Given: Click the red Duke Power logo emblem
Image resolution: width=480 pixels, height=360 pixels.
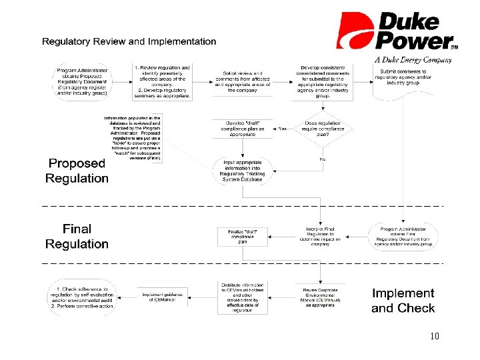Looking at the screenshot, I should tap(354, 31).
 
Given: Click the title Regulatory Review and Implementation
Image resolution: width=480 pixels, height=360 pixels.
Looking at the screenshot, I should tap(129, 41).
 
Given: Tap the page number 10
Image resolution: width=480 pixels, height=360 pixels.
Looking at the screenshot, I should tap(435, 337).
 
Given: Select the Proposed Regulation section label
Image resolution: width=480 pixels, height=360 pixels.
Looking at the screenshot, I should tap(77, 171).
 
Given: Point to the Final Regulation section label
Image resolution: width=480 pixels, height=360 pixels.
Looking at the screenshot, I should tap(77, 237).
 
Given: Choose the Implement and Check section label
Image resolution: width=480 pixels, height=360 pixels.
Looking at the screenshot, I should tap(403, 300).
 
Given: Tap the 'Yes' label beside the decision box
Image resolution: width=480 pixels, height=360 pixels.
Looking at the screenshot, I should tap(283, 129).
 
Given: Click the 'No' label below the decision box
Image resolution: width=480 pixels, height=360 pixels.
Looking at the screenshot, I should tap(322, 159).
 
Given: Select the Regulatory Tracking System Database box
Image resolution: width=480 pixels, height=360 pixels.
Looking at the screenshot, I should tap(242, 171).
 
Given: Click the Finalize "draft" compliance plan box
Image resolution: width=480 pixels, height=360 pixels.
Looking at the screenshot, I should tap(242, 236).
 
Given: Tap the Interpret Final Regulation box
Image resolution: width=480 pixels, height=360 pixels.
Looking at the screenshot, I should tap(322, 236).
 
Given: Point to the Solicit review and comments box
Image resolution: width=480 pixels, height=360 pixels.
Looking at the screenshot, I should tap(242, 81).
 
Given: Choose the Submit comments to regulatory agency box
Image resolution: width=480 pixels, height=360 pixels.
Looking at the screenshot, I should tap(403, 81).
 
